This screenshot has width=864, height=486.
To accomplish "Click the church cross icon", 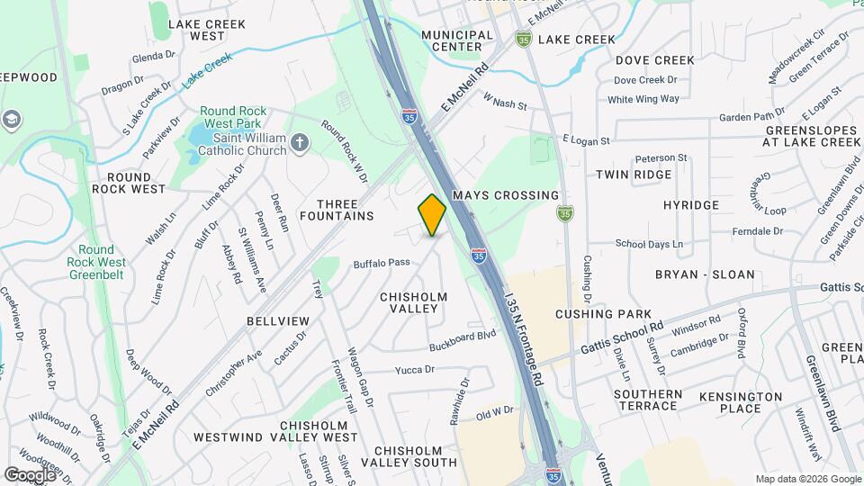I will coord(301,142).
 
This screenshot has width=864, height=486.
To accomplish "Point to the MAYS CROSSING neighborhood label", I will coord(505,195).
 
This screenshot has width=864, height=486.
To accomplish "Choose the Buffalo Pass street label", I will coord(382,263).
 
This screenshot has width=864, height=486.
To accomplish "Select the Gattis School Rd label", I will coord(622,337).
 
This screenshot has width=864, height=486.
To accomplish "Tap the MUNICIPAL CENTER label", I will coord(457,40).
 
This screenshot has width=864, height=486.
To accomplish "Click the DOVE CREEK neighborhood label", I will coord(655,60).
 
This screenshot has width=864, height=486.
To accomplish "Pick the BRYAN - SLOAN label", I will coord(705,274).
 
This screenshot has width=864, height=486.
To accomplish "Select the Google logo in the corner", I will coord(31,474).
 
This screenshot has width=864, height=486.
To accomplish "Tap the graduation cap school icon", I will coord(12,119).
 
